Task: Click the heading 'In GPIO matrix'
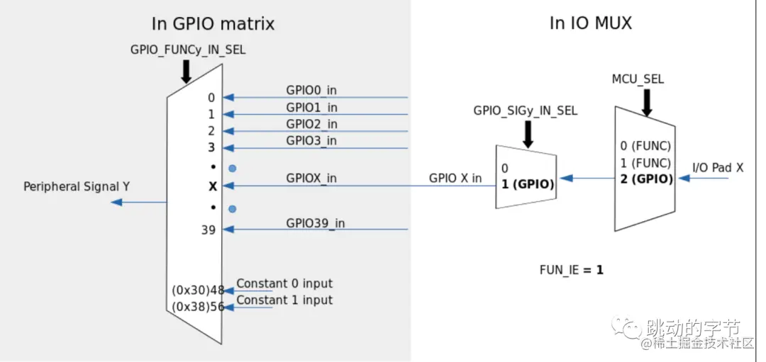coord(213,23)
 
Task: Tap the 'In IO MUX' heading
coord(591,23)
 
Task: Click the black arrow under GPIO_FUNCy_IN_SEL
coord(187,70)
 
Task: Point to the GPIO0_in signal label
coord(311,91)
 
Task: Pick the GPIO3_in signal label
coord(311,140)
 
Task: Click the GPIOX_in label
coord(311,179)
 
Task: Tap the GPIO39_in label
coord(316,222)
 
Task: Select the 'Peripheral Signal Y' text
coord(77,187)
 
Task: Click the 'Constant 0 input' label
coord(284,283)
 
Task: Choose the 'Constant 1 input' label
coord(284,300)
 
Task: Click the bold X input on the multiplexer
coord(211,186)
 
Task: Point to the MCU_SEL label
coord(638,79)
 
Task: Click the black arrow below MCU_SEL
coord(646,102)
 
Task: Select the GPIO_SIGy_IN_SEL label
coord(526,111)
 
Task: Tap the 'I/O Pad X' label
coord(718,168)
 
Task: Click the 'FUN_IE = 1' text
coord(572,270)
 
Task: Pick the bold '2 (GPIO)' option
coord(645,179)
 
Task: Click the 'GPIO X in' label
coord(455,178)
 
